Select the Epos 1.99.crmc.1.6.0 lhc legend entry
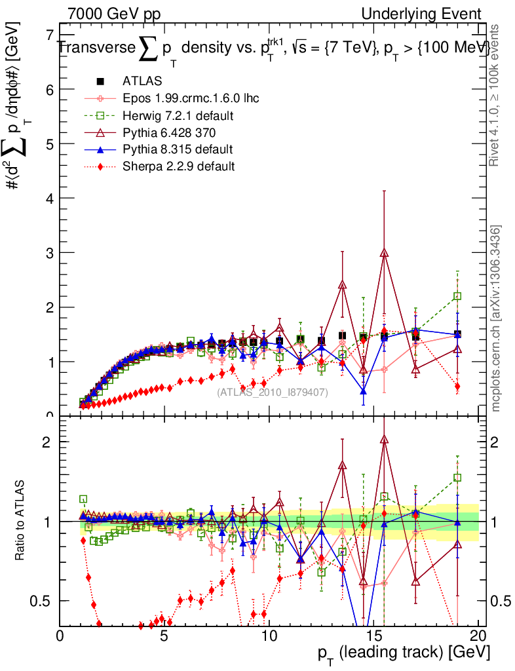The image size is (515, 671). point(191,98)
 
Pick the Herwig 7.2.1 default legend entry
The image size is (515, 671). point(178,115)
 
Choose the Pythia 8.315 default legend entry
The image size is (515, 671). point(178,149)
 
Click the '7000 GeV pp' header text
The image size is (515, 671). point(114,14)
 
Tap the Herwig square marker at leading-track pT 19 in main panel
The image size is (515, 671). point(457,296)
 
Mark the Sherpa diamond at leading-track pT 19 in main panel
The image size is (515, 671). point(457,387)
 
